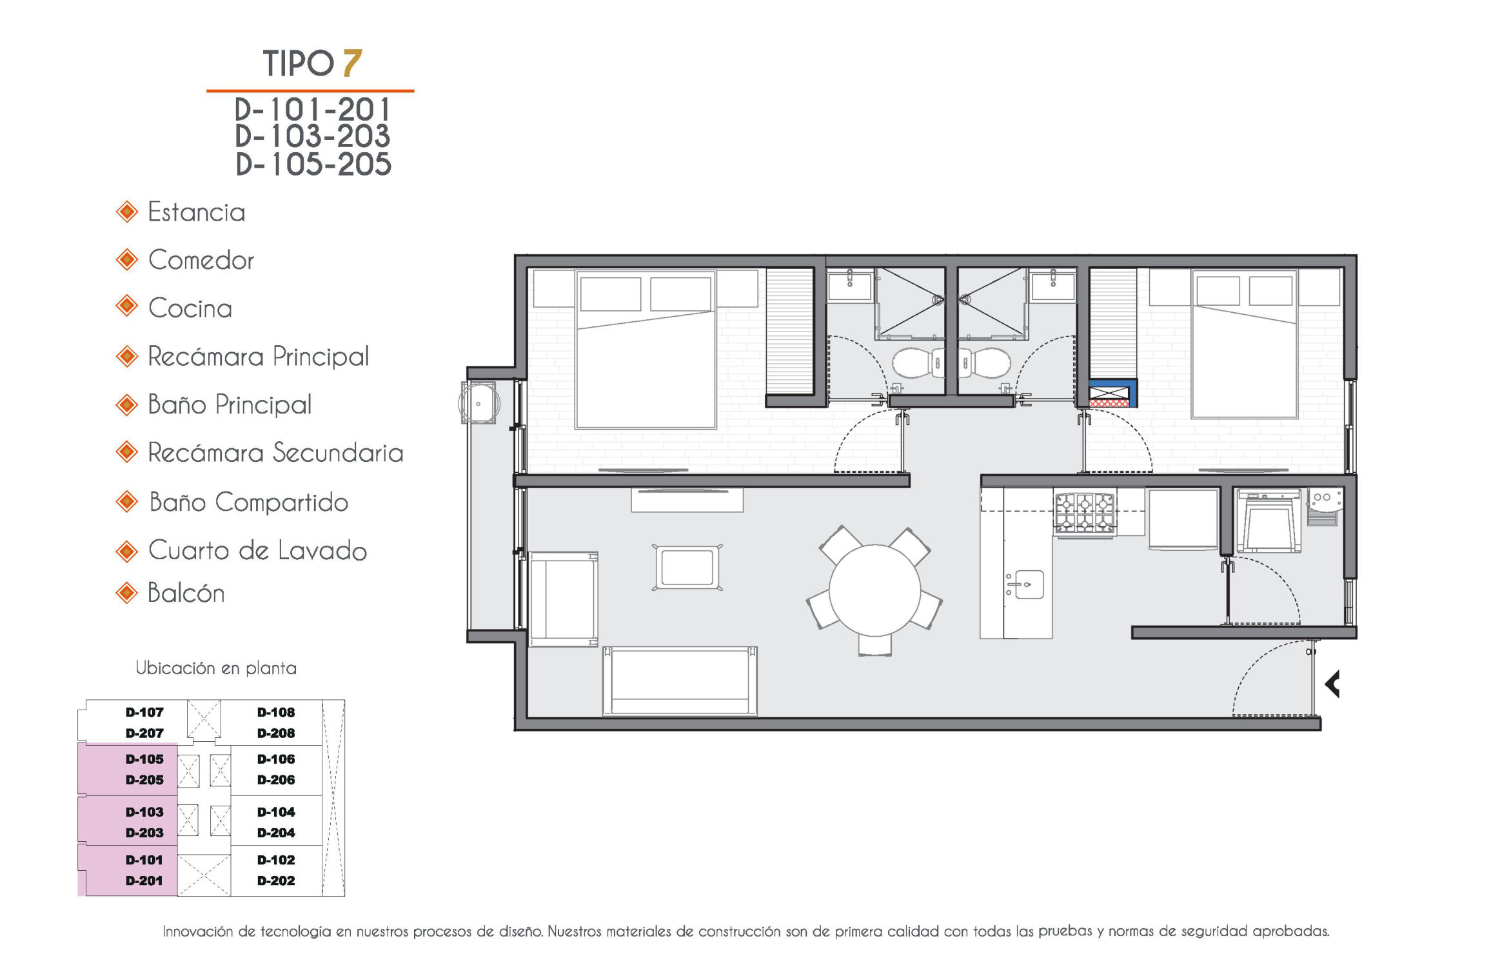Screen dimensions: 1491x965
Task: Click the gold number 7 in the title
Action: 352,63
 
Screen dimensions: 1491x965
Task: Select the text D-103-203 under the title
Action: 313,136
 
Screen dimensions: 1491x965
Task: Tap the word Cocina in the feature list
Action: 190,308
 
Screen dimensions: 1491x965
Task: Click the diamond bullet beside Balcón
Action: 127,592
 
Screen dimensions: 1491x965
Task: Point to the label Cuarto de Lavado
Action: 257,550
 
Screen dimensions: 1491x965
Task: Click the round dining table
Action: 874,590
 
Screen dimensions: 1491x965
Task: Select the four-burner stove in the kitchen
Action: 1085,513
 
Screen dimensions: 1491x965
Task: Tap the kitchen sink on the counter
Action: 1029,584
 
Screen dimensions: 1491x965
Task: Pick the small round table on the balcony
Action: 479,403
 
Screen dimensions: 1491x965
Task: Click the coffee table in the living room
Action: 687,567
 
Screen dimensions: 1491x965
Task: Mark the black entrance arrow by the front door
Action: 1332,684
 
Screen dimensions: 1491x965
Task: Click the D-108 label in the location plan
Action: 276,712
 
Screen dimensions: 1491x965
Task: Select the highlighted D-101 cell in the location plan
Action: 128,870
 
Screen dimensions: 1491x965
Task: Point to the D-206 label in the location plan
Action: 276,779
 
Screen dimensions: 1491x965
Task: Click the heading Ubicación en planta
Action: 216,668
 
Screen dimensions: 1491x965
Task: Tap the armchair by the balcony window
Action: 563,599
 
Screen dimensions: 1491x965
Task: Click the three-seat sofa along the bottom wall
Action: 680,681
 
